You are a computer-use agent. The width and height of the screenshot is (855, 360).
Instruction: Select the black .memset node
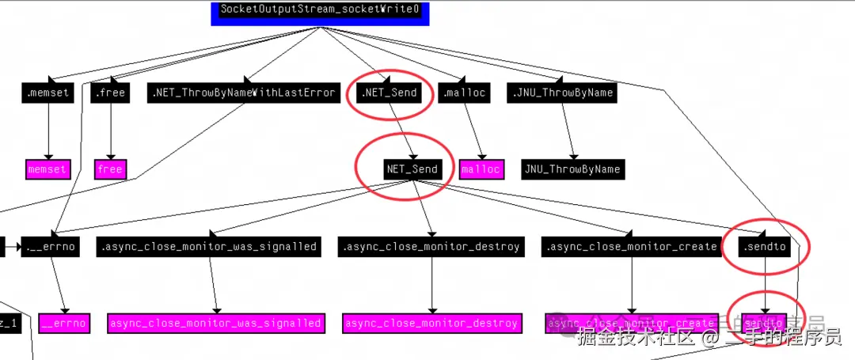click(48, 93)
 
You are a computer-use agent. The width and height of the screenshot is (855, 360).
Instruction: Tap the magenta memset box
click(47, 169)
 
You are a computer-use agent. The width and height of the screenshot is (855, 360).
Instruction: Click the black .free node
click(109, 93)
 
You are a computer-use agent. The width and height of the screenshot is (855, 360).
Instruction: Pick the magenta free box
click(110, 169)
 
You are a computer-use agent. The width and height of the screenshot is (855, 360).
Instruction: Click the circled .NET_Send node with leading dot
click(388, 93)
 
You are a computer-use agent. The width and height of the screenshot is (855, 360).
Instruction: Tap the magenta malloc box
click(481, 169)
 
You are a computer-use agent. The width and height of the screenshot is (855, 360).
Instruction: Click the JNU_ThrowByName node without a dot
click(572, 169)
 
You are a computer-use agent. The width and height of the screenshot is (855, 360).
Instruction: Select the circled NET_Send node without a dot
click(412, 169)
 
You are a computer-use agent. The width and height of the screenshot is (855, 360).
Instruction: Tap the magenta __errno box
click(64, 323)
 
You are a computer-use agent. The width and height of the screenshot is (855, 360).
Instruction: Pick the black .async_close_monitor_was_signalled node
click(209, 247)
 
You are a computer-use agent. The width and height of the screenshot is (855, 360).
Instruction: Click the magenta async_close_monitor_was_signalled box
click(216, 323)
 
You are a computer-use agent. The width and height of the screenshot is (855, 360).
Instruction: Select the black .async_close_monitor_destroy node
click(431, 247)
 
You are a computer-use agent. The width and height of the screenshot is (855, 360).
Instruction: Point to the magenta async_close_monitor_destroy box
click(431, 323)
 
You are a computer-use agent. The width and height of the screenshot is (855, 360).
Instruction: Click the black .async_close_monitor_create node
click(632, 247)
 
